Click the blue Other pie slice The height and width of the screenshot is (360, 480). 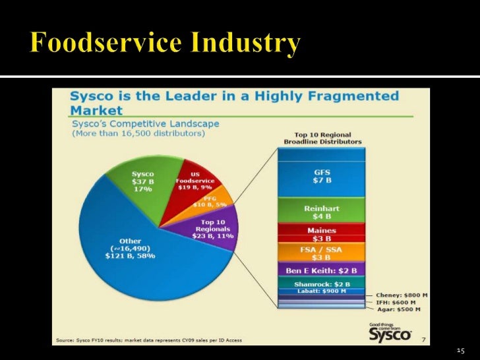coord(132,257)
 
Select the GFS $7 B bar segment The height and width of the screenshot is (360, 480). coord(322,176)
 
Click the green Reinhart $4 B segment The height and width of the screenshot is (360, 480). coord(322,211)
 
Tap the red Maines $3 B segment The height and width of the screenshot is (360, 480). coord(322,233)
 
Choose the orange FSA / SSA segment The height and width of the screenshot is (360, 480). coord(322,253)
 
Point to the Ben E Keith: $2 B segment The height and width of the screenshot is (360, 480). coord(322,270)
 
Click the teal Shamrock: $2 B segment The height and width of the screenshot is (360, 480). coord(322,284)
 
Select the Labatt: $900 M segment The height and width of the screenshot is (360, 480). coord(322,291)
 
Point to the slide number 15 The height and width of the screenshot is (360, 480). coord(460,350)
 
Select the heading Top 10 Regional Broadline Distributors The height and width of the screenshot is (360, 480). coord(322,138)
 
